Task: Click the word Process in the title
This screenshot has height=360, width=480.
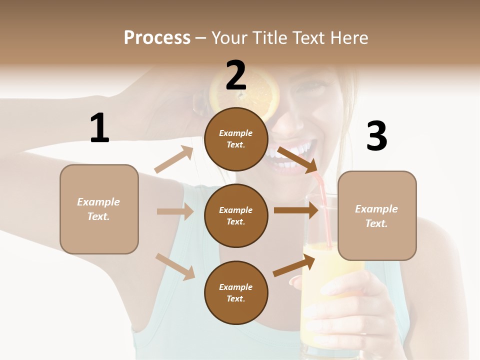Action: tap(157, 37)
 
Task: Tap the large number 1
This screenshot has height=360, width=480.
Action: tap(99, 128)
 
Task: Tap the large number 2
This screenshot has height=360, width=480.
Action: tap(236, 75)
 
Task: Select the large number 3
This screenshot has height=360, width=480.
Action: tap(376, 136)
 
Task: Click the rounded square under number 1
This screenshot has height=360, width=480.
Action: tap(99, 209)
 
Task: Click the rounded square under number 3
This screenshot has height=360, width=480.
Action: tap(377, 215)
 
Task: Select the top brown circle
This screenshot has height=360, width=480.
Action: tap(236, 139)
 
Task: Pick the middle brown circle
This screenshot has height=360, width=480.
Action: tap(236, 215)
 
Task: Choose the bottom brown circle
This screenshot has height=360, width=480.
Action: tap(236, 292)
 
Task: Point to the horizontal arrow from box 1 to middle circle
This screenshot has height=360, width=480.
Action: tap(175, 211)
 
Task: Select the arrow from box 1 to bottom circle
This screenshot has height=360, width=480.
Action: tap(175, 266)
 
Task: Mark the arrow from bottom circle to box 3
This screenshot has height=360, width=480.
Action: tap(294, 265)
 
